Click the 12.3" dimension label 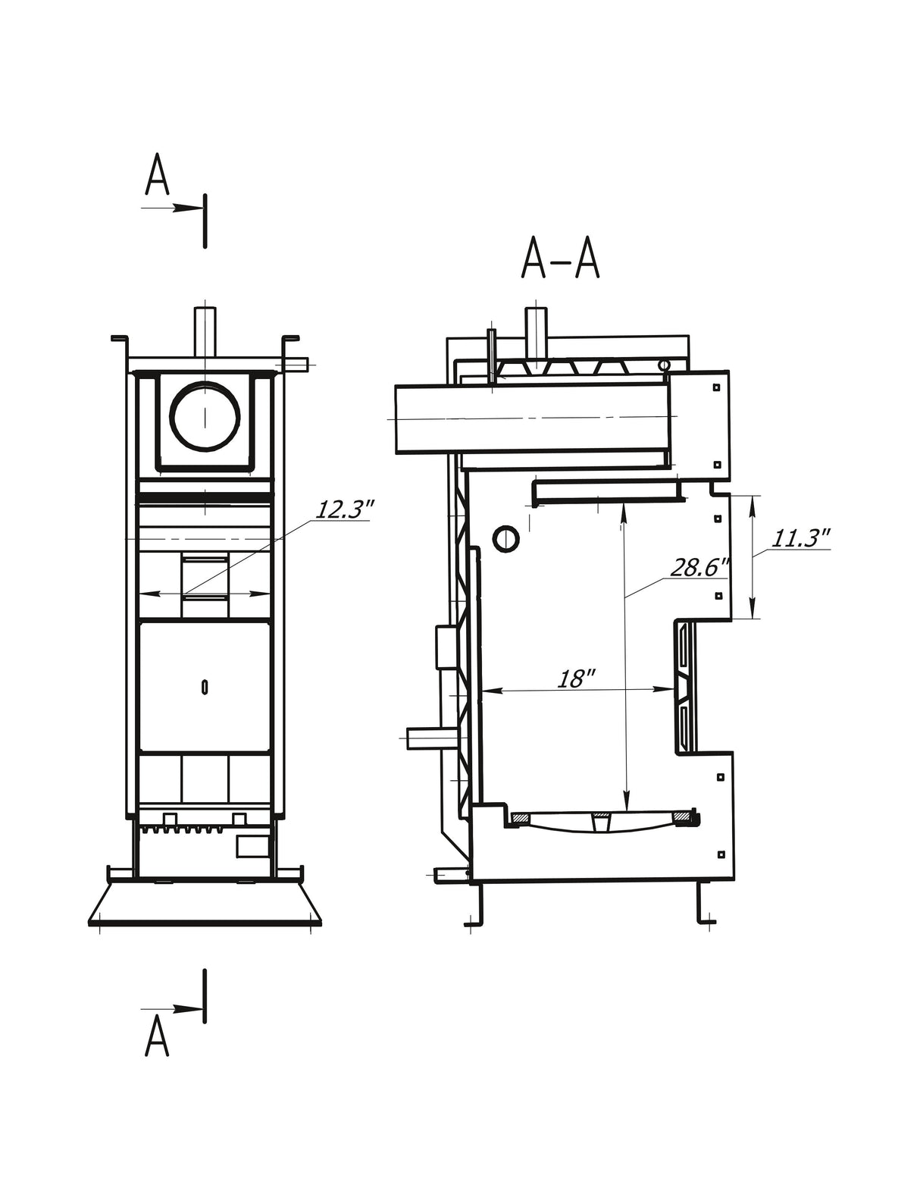pos(343,509)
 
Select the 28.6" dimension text pos(699,567)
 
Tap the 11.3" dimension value pos(800,538)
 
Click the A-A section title pos(560,260)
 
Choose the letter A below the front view pos(157,1036)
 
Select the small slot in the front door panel pos(205,687)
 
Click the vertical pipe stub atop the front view pos(205,331)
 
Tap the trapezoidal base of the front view pos(205,905)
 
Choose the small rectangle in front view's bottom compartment pos(252,846)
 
